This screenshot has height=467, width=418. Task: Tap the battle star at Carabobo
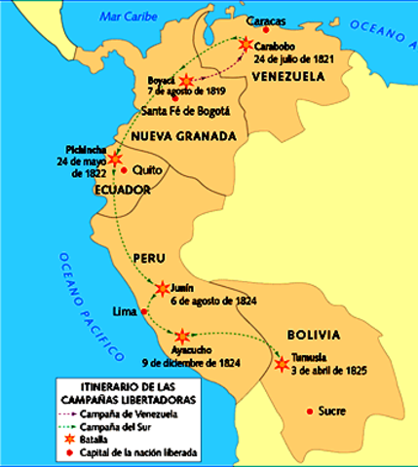244,44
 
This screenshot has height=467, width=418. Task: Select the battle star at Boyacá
184,81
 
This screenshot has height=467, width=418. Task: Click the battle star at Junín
161,288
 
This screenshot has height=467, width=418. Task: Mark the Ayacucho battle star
182,335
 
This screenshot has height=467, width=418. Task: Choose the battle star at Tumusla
282,365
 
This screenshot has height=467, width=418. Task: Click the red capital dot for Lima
144,312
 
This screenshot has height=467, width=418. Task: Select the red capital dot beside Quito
124,170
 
